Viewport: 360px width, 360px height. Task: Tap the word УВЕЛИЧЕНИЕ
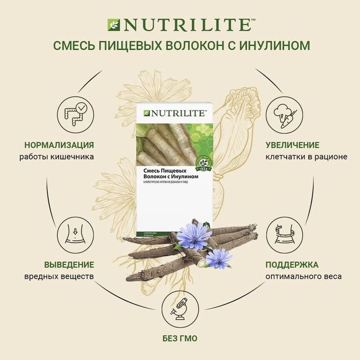point(292,145)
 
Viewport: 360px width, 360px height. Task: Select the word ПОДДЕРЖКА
point(291,265)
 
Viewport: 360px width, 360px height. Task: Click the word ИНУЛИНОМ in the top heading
point(278,46)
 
